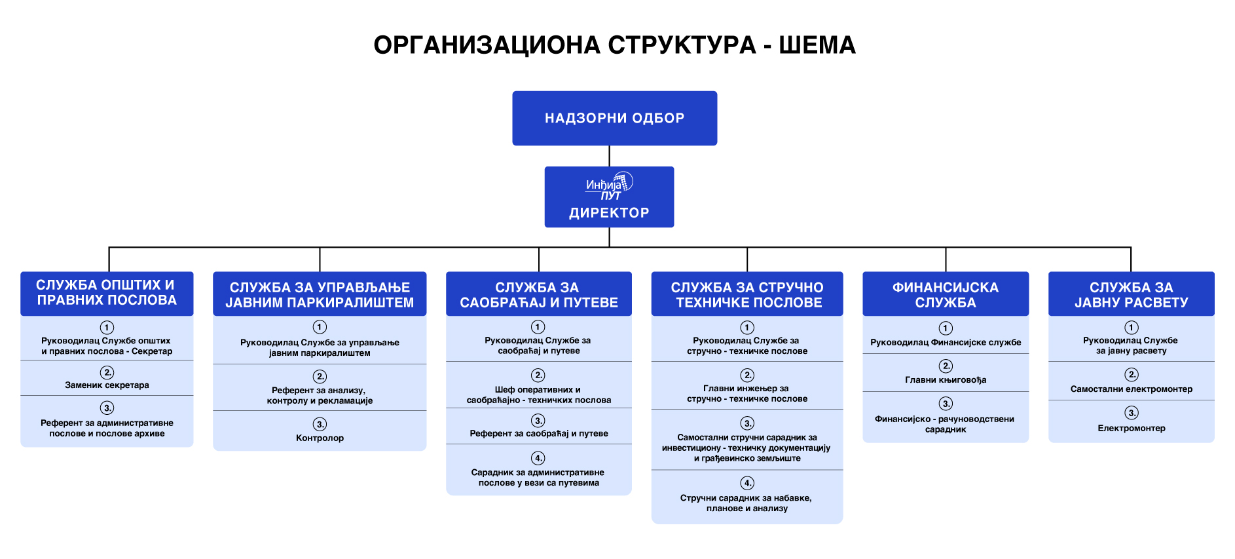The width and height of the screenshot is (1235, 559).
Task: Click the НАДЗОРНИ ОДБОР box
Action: [614, 118]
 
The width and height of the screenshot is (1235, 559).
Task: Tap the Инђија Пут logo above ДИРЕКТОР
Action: [609, 185]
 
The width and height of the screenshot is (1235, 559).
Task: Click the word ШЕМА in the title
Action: [817, 45]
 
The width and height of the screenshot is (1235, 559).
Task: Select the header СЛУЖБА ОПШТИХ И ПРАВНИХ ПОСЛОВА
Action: [107, 293]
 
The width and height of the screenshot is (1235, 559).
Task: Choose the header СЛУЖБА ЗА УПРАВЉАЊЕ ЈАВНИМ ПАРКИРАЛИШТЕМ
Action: [320, 295]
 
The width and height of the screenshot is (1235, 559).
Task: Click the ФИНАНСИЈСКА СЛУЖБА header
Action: [945, 295]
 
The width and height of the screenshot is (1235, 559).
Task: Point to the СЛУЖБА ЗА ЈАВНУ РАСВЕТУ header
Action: [1131, 295]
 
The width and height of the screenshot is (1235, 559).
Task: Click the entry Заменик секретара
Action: [107, 385]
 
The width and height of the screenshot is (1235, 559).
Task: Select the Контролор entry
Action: [320, 438]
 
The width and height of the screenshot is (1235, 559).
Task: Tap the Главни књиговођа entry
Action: [945, 380]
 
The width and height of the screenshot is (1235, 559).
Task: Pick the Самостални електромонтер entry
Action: [1131, 389]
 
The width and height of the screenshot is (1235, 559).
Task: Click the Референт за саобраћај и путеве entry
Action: [538, 433]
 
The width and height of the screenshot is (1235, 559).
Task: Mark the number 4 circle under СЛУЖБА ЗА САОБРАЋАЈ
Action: [538, 458]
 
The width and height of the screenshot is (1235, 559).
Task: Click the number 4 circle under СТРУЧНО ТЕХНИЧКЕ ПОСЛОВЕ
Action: [747, 483]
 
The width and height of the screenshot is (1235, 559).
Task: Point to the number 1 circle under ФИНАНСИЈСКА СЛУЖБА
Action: [945, 328]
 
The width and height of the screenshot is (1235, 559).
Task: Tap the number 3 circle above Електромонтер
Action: [1131, 413]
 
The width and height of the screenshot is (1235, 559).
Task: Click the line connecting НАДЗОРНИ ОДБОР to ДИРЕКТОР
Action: [609, 156]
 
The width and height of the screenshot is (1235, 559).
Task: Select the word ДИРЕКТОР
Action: [609, 213]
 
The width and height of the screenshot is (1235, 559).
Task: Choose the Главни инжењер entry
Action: [747, 393]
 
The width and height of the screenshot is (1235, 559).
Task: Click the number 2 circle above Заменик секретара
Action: [107, 372]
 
